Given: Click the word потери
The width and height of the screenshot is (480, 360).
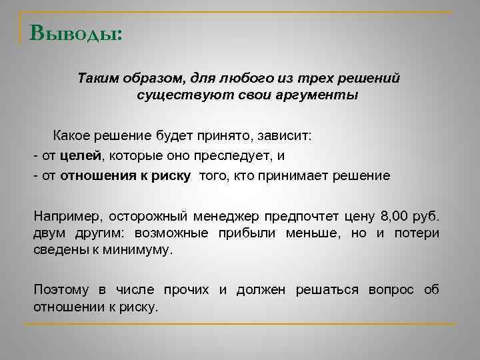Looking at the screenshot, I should click(x=417, y=233).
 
